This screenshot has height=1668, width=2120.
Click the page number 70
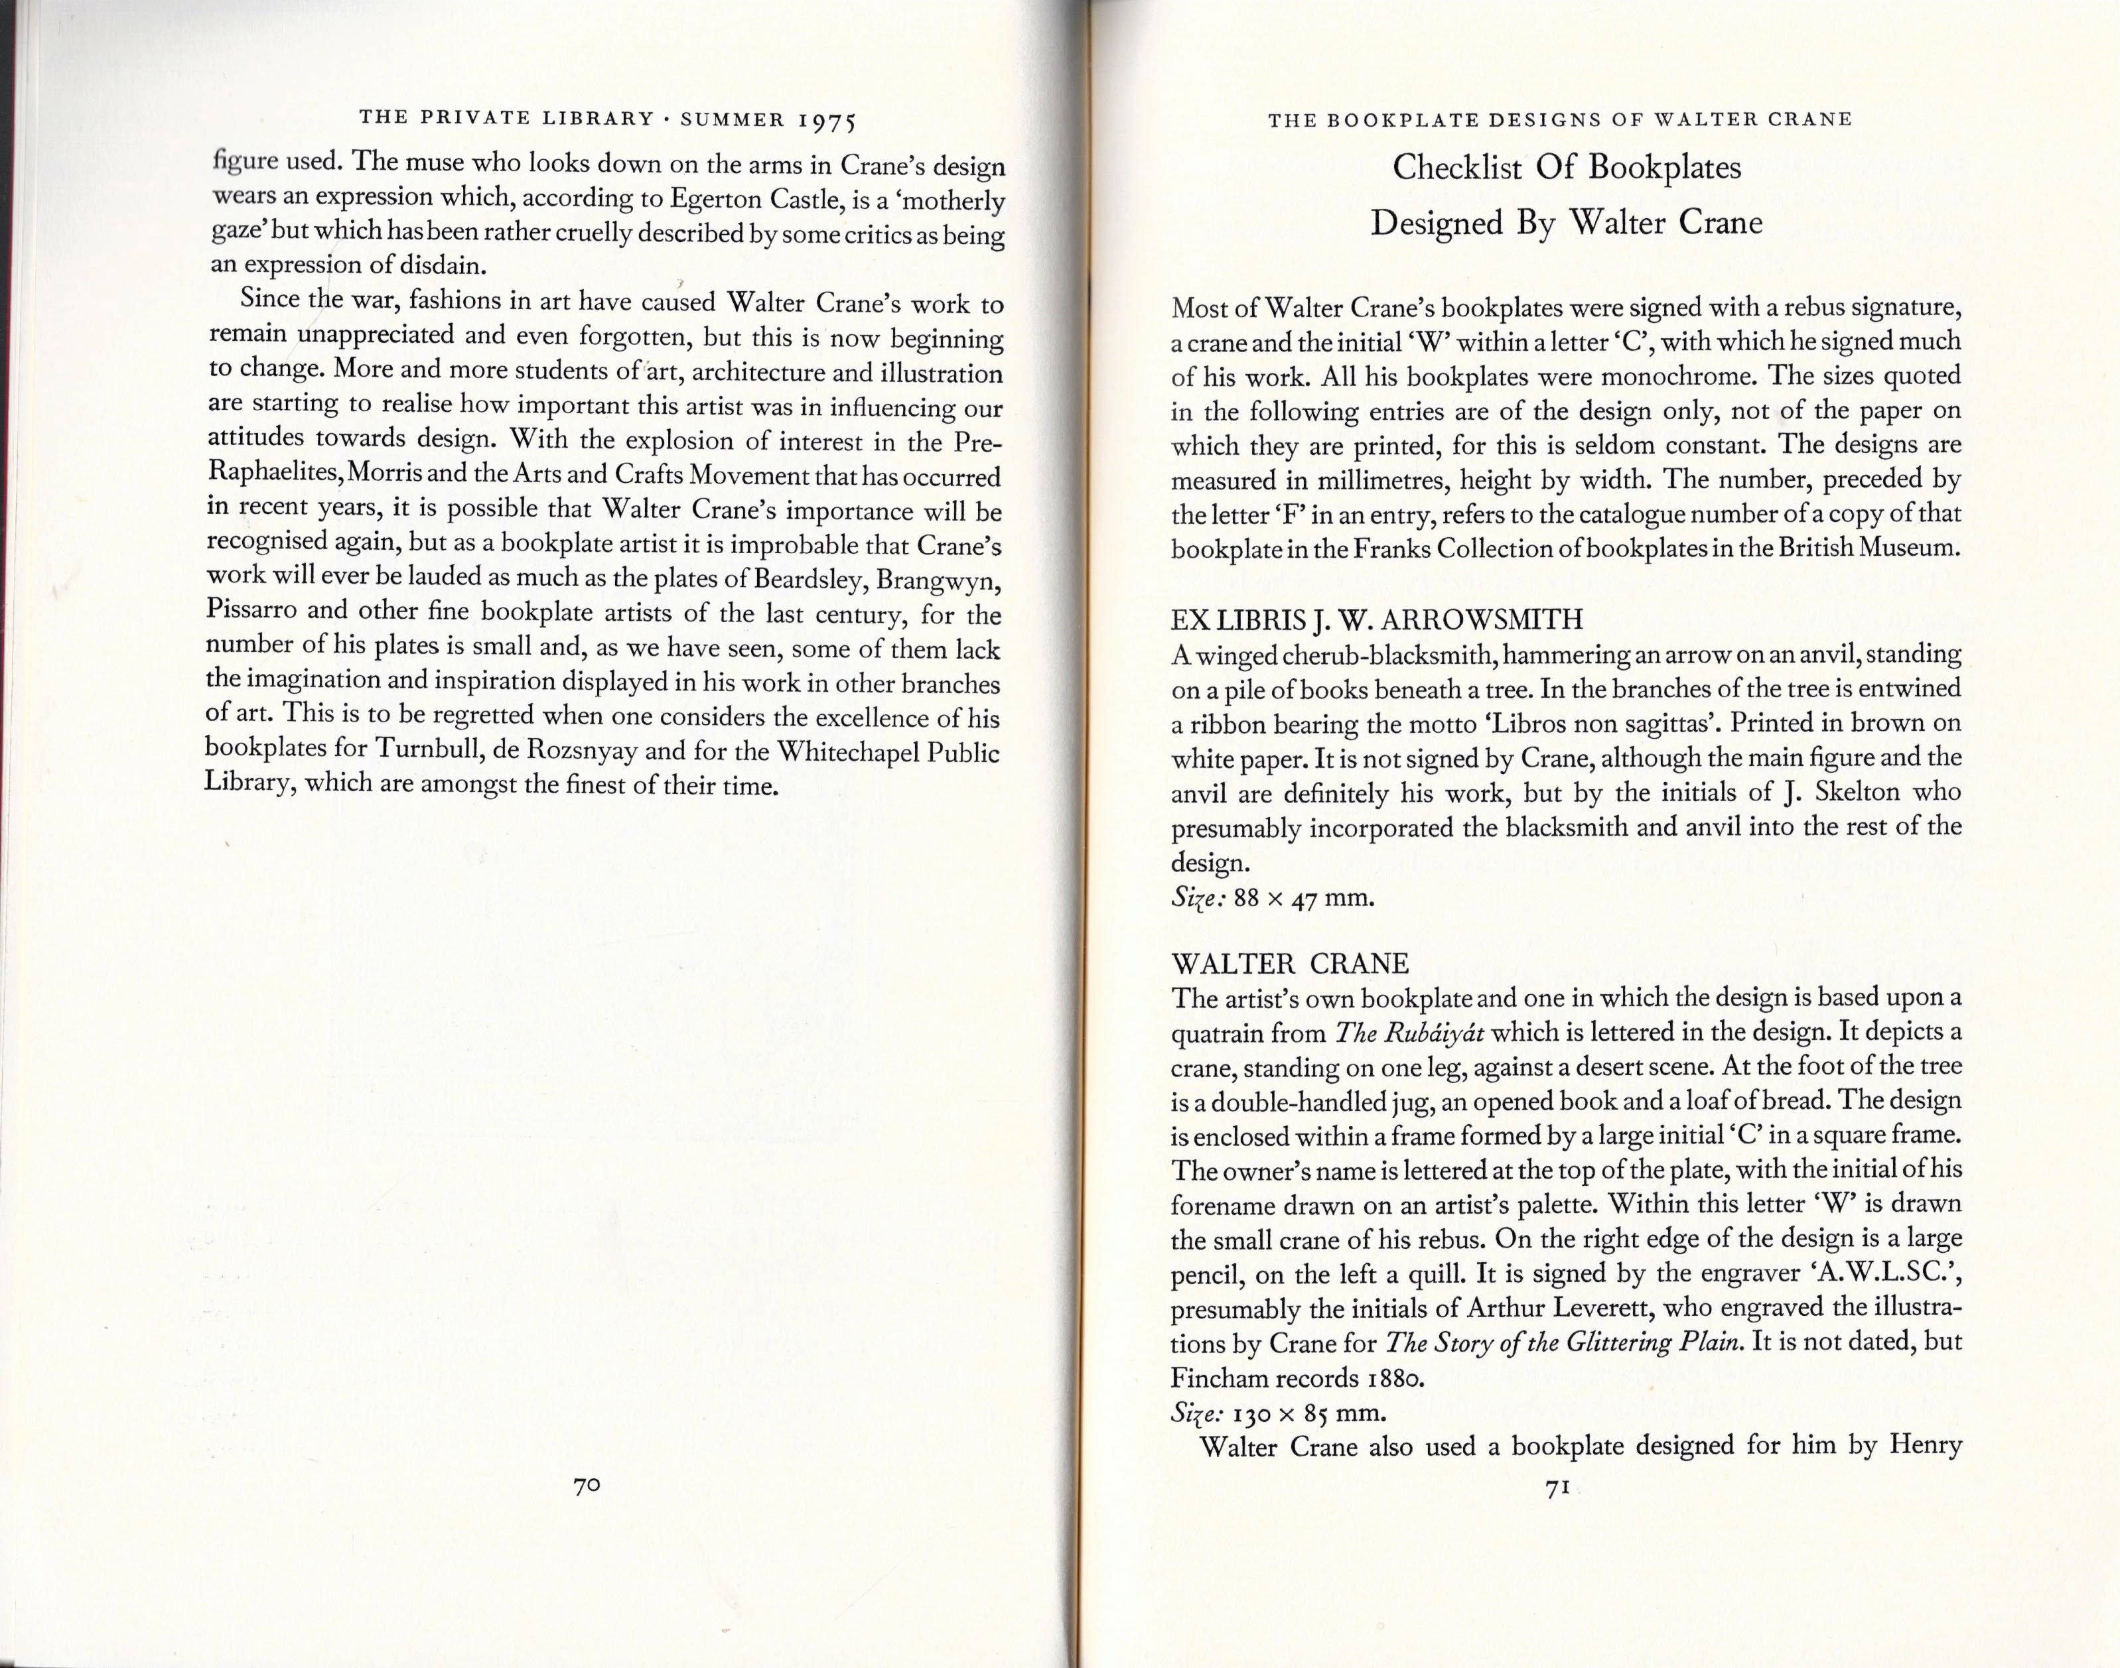pyautogui.click(x=586, y=1486)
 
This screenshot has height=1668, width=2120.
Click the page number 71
pyautogui.click(x=1555, y=1515)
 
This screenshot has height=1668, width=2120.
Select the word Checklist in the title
pyautogui.click(x=1456, y=168)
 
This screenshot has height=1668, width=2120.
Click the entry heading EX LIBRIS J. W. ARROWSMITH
pyautogui.click(x=1377, y=619)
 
